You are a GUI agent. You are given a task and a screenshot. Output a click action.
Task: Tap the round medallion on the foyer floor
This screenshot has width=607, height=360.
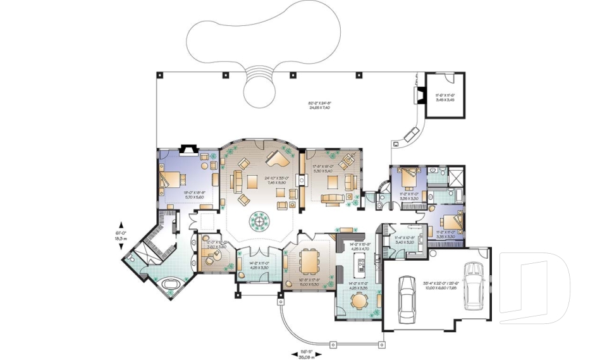click(260, 220)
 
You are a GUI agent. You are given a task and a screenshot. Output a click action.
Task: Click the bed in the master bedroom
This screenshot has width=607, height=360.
click(169, 180)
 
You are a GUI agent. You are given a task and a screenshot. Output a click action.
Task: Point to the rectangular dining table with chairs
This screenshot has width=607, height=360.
click(310, 260)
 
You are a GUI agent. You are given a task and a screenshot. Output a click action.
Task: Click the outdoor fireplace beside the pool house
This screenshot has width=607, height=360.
click(417, 95)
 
